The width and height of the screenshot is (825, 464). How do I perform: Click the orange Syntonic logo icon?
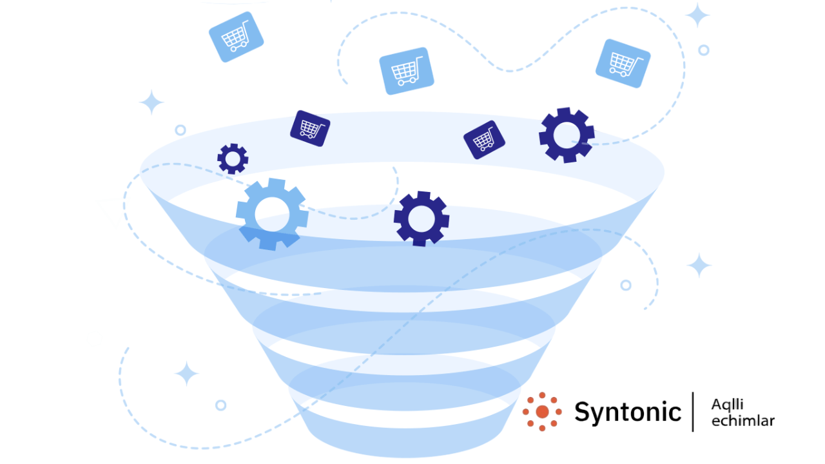(542, 412)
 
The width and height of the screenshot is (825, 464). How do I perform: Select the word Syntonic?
(627, 412)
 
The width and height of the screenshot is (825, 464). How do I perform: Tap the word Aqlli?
(728, 404)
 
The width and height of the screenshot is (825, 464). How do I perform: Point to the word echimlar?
(742, 421)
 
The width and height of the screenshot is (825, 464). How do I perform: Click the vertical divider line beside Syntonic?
(693, 412)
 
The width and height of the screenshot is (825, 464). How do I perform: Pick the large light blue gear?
(271, 214)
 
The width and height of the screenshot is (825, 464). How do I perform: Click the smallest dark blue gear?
(233, 159)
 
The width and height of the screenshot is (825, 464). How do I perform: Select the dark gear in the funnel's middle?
(422, 218)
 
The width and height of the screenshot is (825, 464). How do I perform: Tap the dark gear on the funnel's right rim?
(567, 135)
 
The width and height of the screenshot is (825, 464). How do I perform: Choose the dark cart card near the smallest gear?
(310, 128)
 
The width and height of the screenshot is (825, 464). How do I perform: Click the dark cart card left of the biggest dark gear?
(484, 140)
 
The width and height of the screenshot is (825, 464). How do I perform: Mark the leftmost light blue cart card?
(237, 37)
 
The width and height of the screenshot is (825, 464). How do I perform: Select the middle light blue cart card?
(406, 71)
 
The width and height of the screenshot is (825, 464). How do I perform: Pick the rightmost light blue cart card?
(623, 63)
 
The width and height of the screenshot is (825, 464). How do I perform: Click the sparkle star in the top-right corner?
(697, 15)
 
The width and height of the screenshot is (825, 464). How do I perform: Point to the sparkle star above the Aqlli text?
(699, 266)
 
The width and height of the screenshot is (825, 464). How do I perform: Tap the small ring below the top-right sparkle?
(704, 50)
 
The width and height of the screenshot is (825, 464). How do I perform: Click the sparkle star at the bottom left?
(187, 374)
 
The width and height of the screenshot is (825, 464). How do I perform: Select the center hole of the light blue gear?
(271, 214)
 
